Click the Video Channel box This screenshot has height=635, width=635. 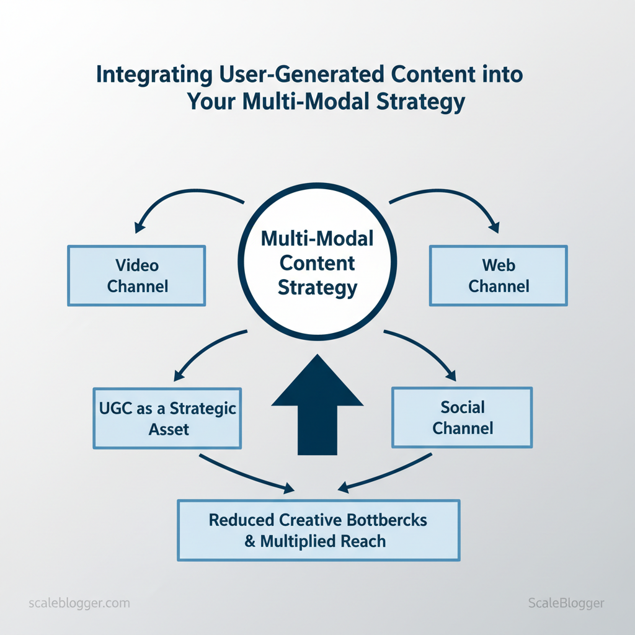click(136, 276)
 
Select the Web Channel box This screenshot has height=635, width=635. click(499, 276)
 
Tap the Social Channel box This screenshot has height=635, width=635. click(463, 417)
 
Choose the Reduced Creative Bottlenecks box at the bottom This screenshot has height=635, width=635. click(318, 530)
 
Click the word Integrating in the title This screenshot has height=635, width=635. click(149, 74)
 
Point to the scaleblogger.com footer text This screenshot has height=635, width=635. click(79, 603)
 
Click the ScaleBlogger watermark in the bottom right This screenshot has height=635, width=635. click(566, 603)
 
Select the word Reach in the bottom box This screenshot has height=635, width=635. click(362, 541)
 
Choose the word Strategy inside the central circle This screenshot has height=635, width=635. click(317, 288)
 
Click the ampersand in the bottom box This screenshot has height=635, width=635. click(251, 541)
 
